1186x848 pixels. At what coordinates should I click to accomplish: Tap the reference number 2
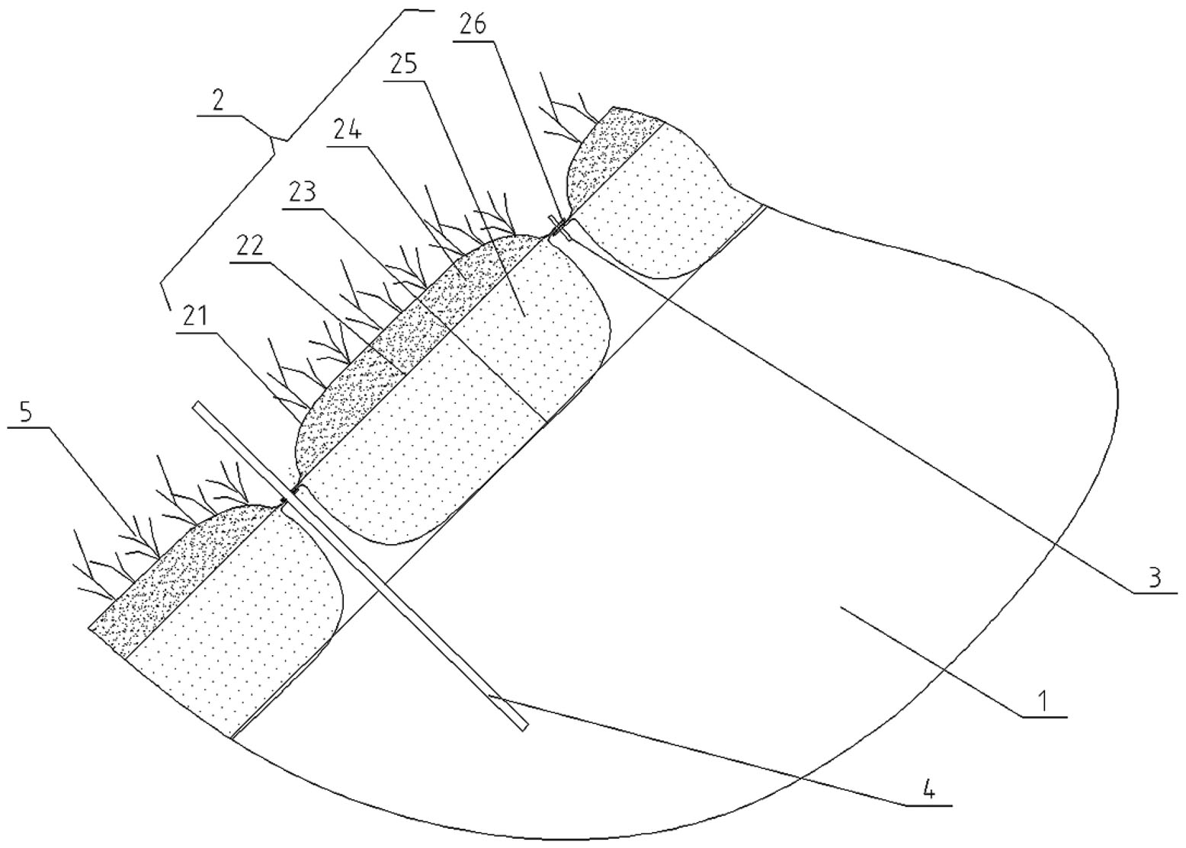(218, 102)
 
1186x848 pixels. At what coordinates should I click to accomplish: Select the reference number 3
(1154, 578)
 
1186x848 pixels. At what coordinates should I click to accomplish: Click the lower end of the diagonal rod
(524, 727)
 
